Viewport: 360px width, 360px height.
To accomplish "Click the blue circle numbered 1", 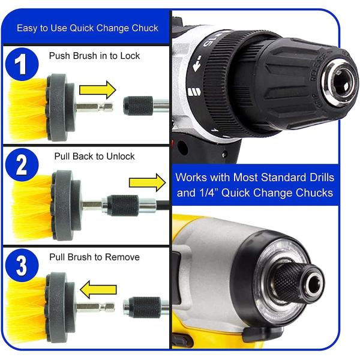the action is (x=22, y=64).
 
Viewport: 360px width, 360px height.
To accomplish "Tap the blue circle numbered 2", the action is (x=22, y=164).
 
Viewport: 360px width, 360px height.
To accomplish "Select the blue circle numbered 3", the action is (x=22, y=265).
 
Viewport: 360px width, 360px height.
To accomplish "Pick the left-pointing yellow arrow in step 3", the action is (x=98, y=290).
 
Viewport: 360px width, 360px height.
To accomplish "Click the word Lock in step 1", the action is (x=130, y=56).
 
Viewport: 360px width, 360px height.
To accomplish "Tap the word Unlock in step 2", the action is (x=121, y=157).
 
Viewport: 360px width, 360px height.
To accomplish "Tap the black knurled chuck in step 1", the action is (x=138, y=106).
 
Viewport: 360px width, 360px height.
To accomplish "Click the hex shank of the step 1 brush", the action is (x=95, y=107).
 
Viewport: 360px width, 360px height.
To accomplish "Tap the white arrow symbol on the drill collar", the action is (x=197, y=64).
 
